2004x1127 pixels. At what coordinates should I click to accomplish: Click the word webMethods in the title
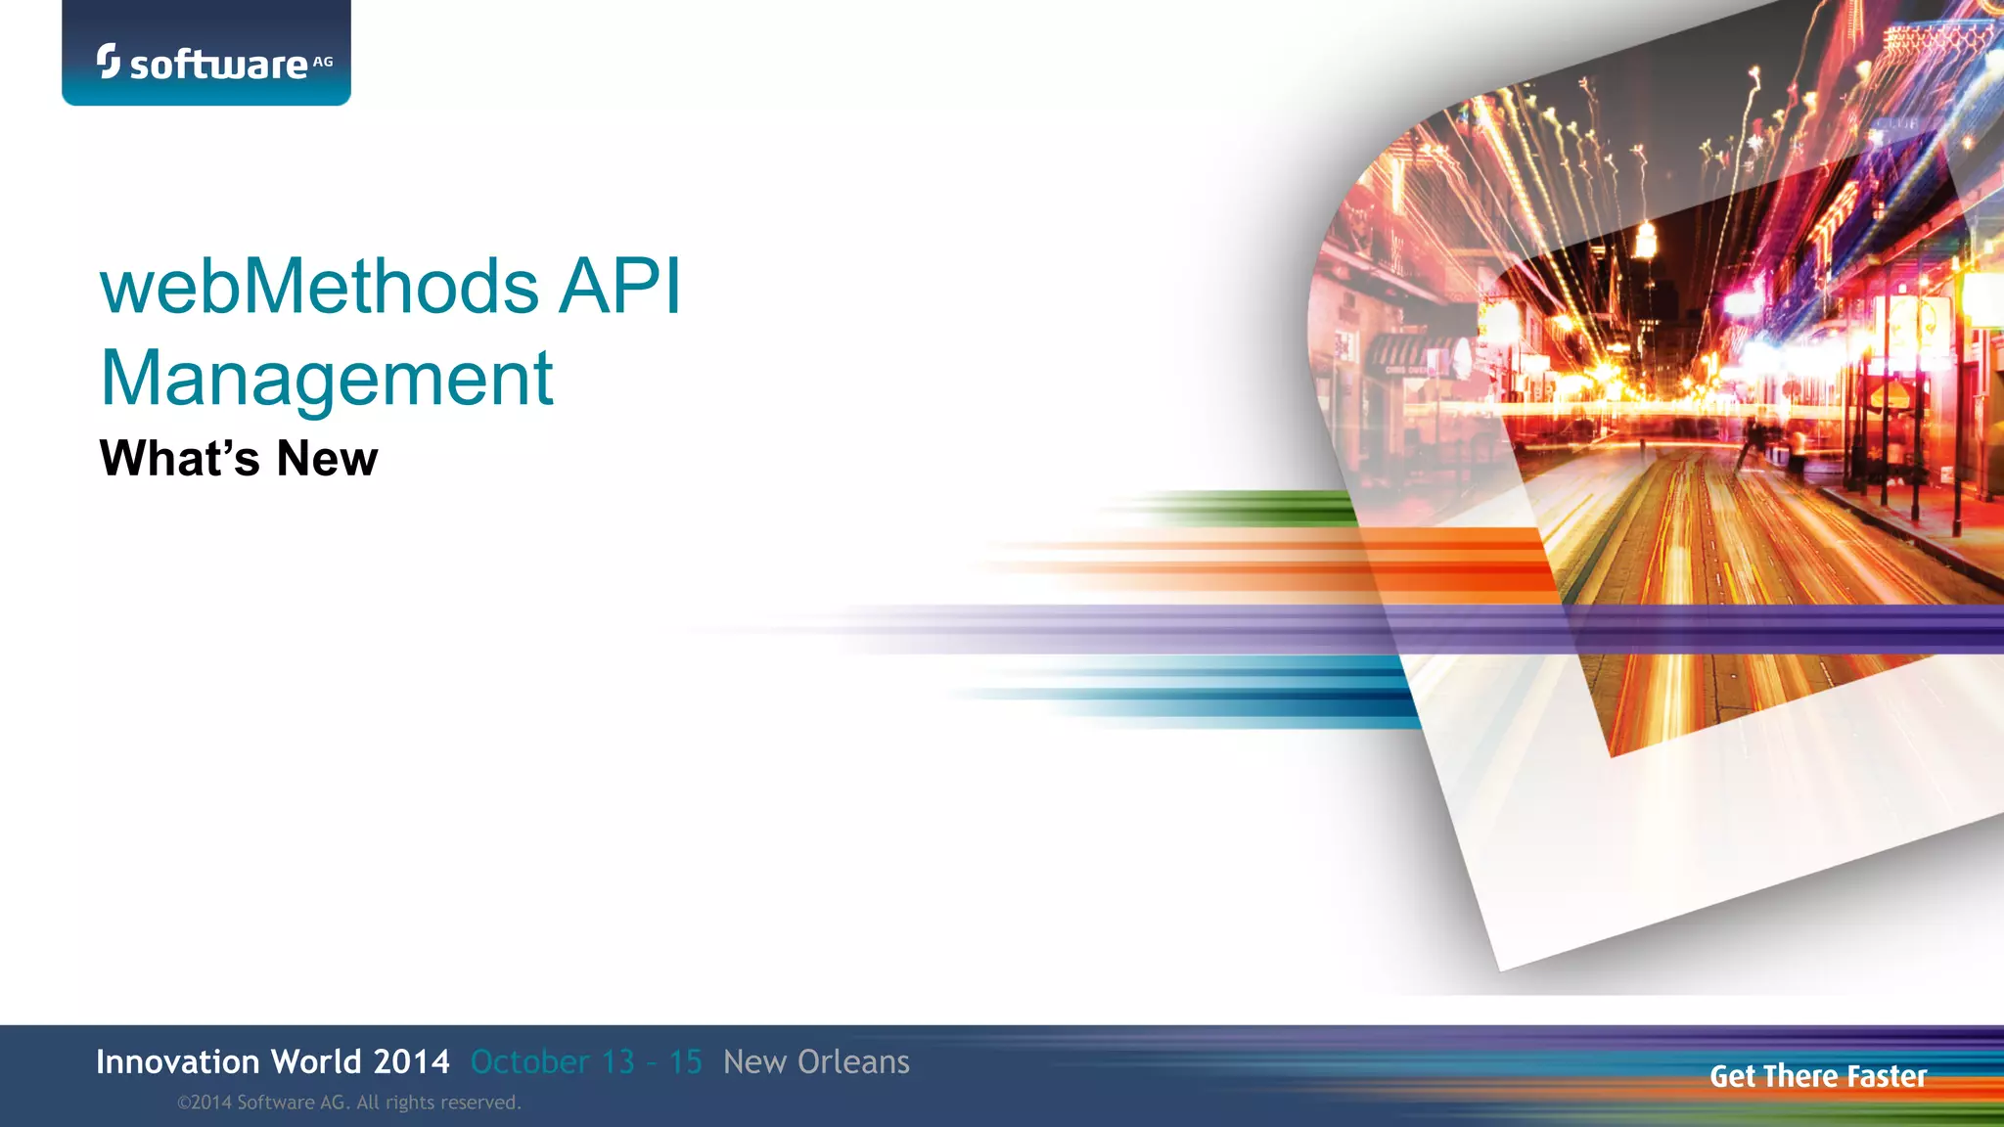tap(319, 287)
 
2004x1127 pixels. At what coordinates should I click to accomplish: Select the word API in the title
tap(618, 287)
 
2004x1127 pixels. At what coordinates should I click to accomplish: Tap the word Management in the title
tap(327, 379)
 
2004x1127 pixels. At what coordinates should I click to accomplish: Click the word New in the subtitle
tap(327, 458)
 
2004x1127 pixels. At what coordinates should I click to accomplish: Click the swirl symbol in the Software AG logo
tap(108, 61)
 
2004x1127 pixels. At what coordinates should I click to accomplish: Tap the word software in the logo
tap(218, 66)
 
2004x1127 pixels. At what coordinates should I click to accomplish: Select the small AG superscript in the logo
tap(323, 61)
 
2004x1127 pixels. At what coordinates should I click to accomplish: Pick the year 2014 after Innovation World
tap(411, 1061)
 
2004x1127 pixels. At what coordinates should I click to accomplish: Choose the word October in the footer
tap(529, 1061)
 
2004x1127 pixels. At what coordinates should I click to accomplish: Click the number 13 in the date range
tap(618, 1061)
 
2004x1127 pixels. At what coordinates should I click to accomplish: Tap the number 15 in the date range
tap(685, 1061)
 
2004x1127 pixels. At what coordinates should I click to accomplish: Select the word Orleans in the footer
tap(852, 1061)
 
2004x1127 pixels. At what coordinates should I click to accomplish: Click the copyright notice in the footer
tap(348, 1103)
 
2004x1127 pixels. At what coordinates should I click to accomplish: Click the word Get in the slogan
tap(1733, 1076)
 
